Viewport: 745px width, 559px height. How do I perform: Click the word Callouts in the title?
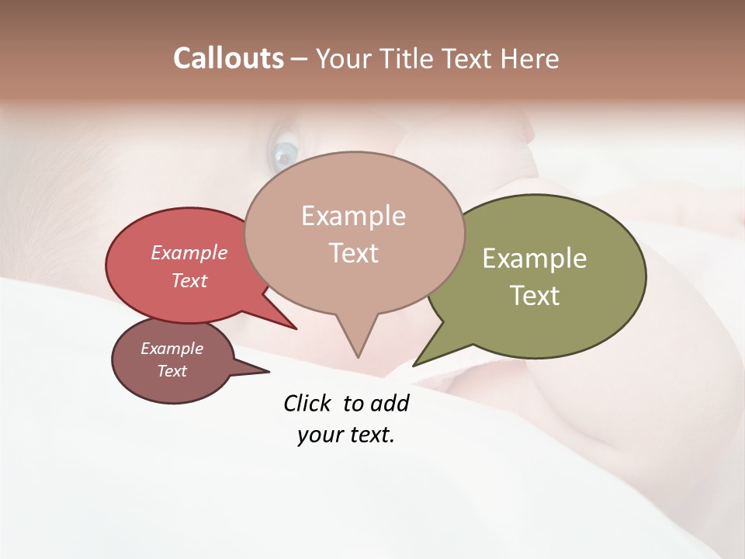tap(228, 58)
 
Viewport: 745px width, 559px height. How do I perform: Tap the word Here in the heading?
tap(528, 58)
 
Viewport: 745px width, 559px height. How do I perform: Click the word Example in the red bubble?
tap(189, 252)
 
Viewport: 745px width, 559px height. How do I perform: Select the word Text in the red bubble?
tap(189, 280)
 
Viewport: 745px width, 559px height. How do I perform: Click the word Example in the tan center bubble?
tap(353, 216)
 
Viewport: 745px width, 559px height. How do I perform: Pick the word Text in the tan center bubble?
tap(353, 252)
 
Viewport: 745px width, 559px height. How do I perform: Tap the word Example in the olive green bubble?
tap(535, 259)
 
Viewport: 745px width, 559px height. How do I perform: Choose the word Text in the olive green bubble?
tap(535, 295)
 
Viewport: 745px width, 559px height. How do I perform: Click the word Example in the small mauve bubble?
tap(172, 349)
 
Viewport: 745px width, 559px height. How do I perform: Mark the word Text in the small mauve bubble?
tap(172, 371)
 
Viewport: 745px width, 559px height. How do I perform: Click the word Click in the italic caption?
tap(307, 403)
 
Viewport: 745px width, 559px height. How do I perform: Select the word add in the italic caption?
tap(390, 403)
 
